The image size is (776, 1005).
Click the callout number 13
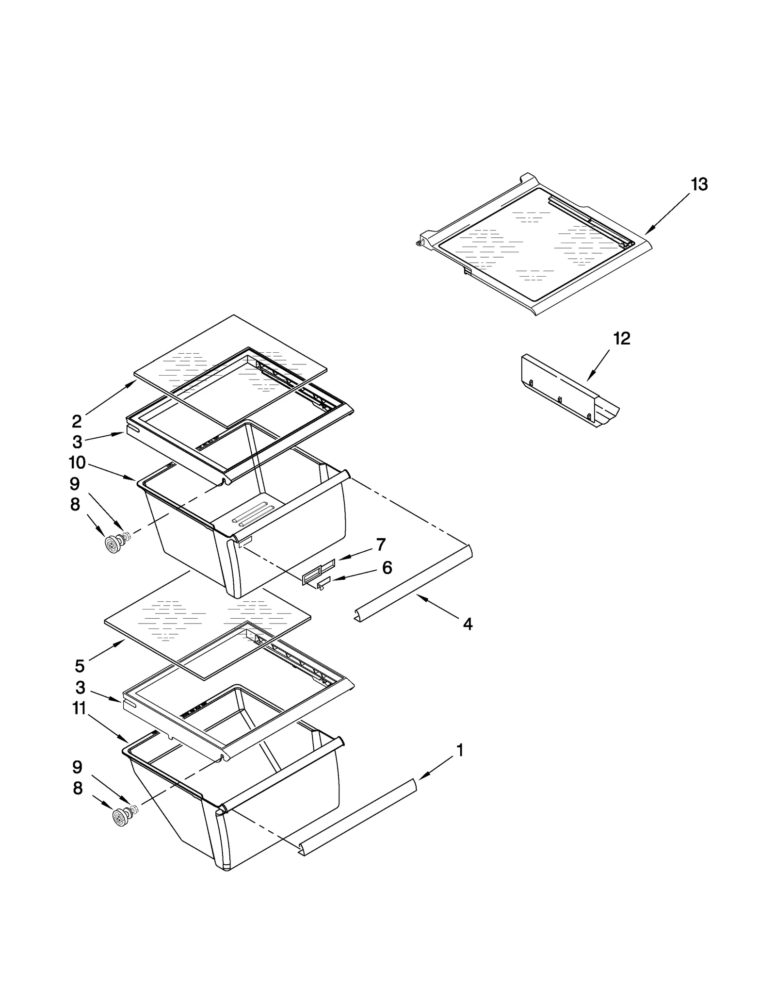[x=699, y=184]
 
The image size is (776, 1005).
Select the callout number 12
[x=622, y=338]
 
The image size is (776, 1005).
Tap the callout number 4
[x=468, y=624]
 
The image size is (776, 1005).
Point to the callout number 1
[x=460, y=750]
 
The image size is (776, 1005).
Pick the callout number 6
[x=387, y=567]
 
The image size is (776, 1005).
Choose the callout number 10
[x=77, y=462]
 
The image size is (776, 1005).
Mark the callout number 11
[x=80, y=709]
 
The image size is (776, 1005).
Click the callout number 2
[x=77, y=421]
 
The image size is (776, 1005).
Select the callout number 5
[x=80, y=666]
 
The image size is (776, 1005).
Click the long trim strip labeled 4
[x=412, y=585]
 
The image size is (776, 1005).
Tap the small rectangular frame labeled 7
[x=318, y=570]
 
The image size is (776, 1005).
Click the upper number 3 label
[x=77, y=442]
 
